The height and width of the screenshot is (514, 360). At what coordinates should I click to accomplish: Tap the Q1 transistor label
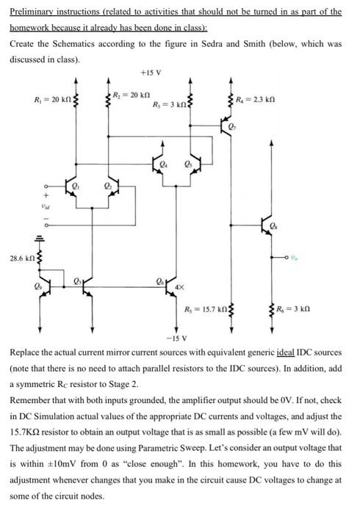pos(76,188)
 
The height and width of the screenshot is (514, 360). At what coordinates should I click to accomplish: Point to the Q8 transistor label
pos(275,225)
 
